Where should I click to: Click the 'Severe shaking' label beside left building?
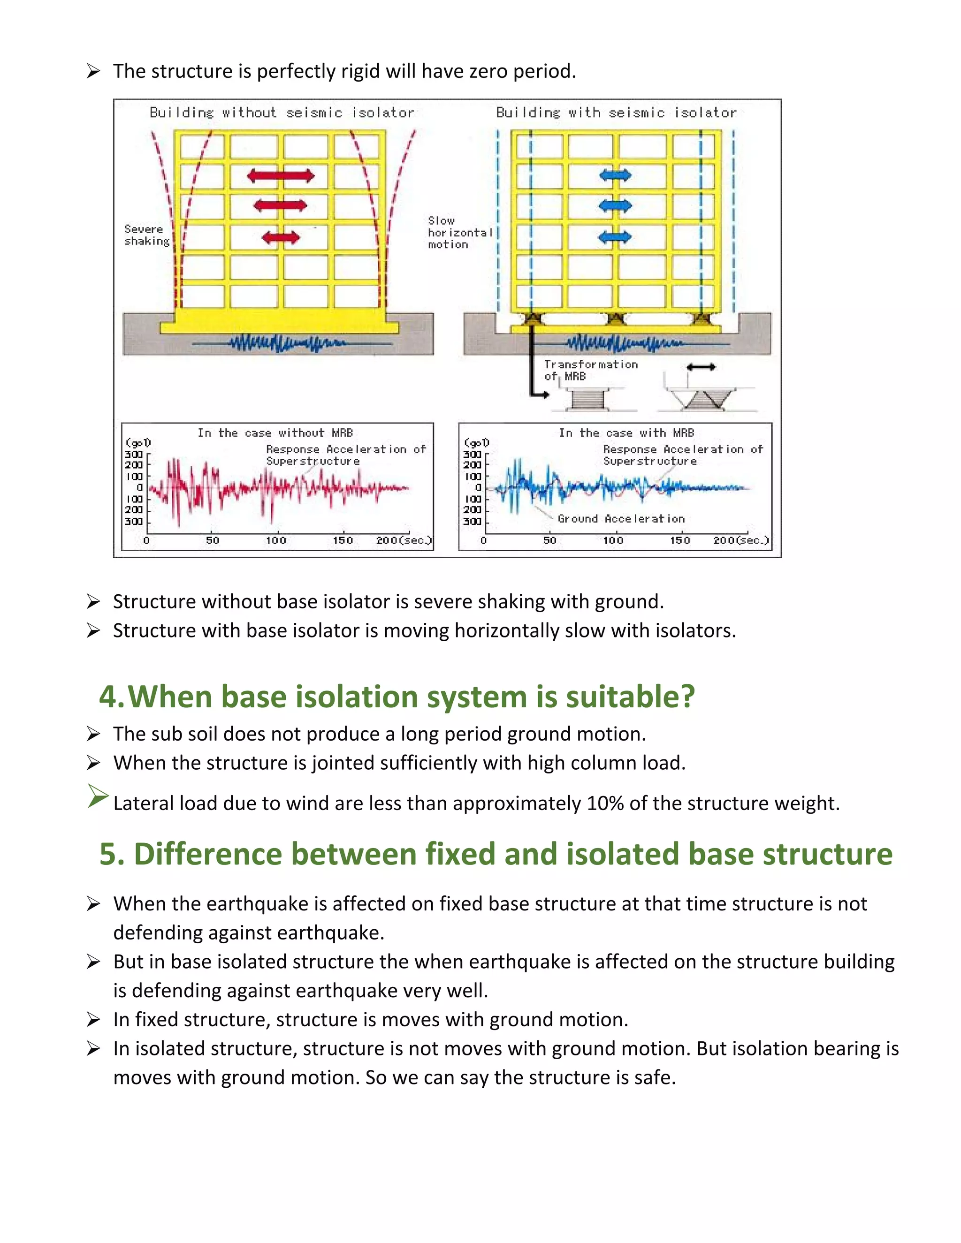147,235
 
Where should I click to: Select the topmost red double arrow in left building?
281,176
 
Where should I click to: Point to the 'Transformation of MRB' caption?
590,370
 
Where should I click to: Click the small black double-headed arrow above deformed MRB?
701,368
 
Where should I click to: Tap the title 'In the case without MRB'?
275,432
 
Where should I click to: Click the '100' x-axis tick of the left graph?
276,540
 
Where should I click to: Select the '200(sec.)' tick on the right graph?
740,540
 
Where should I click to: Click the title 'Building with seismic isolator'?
616,113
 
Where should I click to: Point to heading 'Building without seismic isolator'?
282,113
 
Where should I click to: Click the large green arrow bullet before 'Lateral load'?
98,796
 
